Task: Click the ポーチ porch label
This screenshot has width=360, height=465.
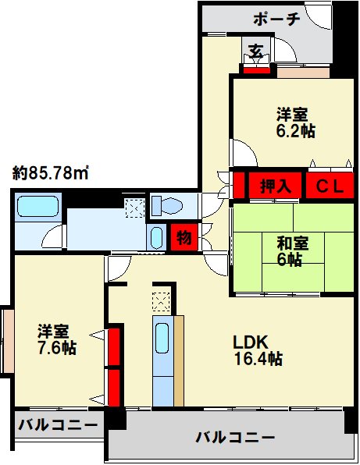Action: coord(276,19)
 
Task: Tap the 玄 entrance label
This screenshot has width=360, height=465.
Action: coord(256,51)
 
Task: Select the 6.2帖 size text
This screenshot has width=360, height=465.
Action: coord(296,130)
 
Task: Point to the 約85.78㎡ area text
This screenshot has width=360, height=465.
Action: coord(51,173)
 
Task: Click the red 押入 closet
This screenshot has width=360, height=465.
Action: coord(275,186)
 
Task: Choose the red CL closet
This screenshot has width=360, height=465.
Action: coord(330,186)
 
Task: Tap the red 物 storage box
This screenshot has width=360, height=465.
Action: coord(184,237)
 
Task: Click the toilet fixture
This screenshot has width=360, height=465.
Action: coord(166,205)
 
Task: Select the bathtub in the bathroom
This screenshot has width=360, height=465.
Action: coord(37,207)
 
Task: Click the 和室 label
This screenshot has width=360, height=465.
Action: coord(293,243)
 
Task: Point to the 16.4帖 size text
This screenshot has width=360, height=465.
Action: coord(258,359)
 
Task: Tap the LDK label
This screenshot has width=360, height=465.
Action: coord(251,342)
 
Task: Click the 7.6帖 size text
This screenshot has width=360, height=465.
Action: coord(56,348)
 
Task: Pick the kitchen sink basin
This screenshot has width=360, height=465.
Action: coord(162,338)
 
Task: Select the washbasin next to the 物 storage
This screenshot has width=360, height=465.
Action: coord(156,238)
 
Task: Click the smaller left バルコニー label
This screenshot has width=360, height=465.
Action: coord(58,425)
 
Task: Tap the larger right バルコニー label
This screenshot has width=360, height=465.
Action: coord(235,438)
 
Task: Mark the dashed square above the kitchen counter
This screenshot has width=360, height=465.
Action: coord(161,302)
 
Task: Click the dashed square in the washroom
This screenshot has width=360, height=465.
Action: coord(135,208)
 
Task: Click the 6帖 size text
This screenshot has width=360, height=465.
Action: coord(290,260)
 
